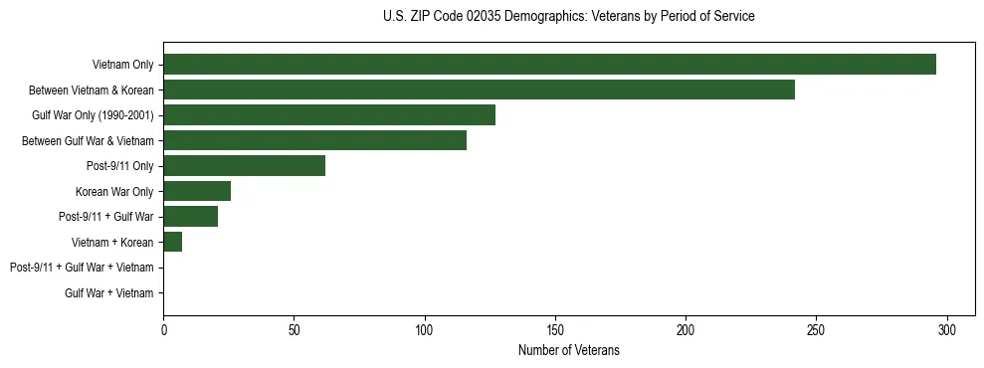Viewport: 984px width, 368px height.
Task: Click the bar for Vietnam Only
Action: coord(549,65)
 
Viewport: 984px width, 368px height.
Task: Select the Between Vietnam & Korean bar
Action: coord(479,90)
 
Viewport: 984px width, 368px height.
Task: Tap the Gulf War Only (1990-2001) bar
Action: coord(328,115)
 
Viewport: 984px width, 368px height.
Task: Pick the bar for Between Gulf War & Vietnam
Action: coord(314,140)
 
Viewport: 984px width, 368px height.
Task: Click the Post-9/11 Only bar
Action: coord(244,166)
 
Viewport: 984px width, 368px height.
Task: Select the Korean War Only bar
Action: coord(197,191)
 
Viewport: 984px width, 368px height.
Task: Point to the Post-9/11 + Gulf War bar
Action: coord(190,217)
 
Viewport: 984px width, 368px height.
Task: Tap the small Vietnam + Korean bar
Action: coord(173,242)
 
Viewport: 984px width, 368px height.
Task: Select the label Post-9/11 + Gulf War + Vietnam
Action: coord(82,268)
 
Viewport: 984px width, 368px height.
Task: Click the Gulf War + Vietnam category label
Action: coord(108,292)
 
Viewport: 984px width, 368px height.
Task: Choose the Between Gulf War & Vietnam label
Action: coord(88,140)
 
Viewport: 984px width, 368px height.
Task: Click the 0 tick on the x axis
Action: coord(163,329)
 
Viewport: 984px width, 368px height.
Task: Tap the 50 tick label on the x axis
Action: coord(294,329)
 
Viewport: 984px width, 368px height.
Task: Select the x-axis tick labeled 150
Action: coord(555,329)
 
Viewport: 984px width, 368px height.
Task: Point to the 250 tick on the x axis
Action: coord(816,329)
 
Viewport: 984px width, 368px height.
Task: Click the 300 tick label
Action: coord(946,329)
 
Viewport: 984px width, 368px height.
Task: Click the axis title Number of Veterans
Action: coord(568,350)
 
